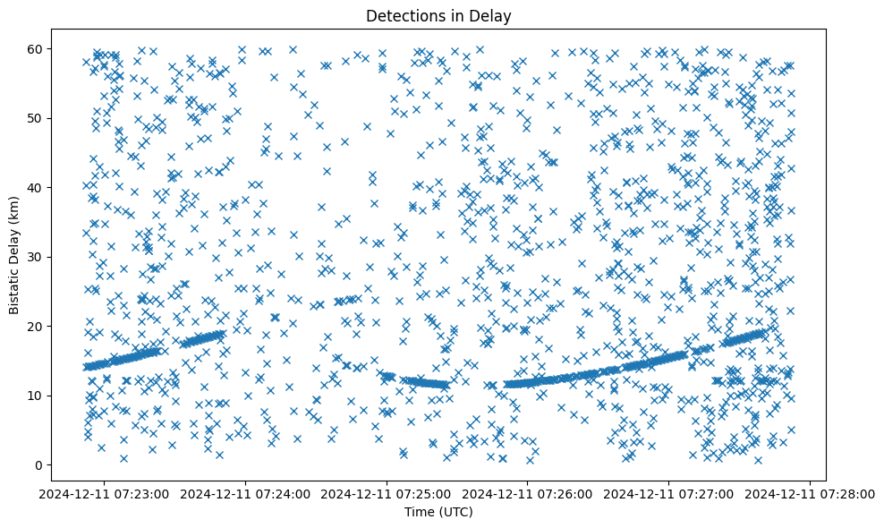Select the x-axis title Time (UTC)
(438, 512)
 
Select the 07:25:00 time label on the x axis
(387, 494)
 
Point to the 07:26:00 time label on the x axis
(528, 494)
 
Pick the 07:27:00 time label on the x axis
(669, 494)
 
